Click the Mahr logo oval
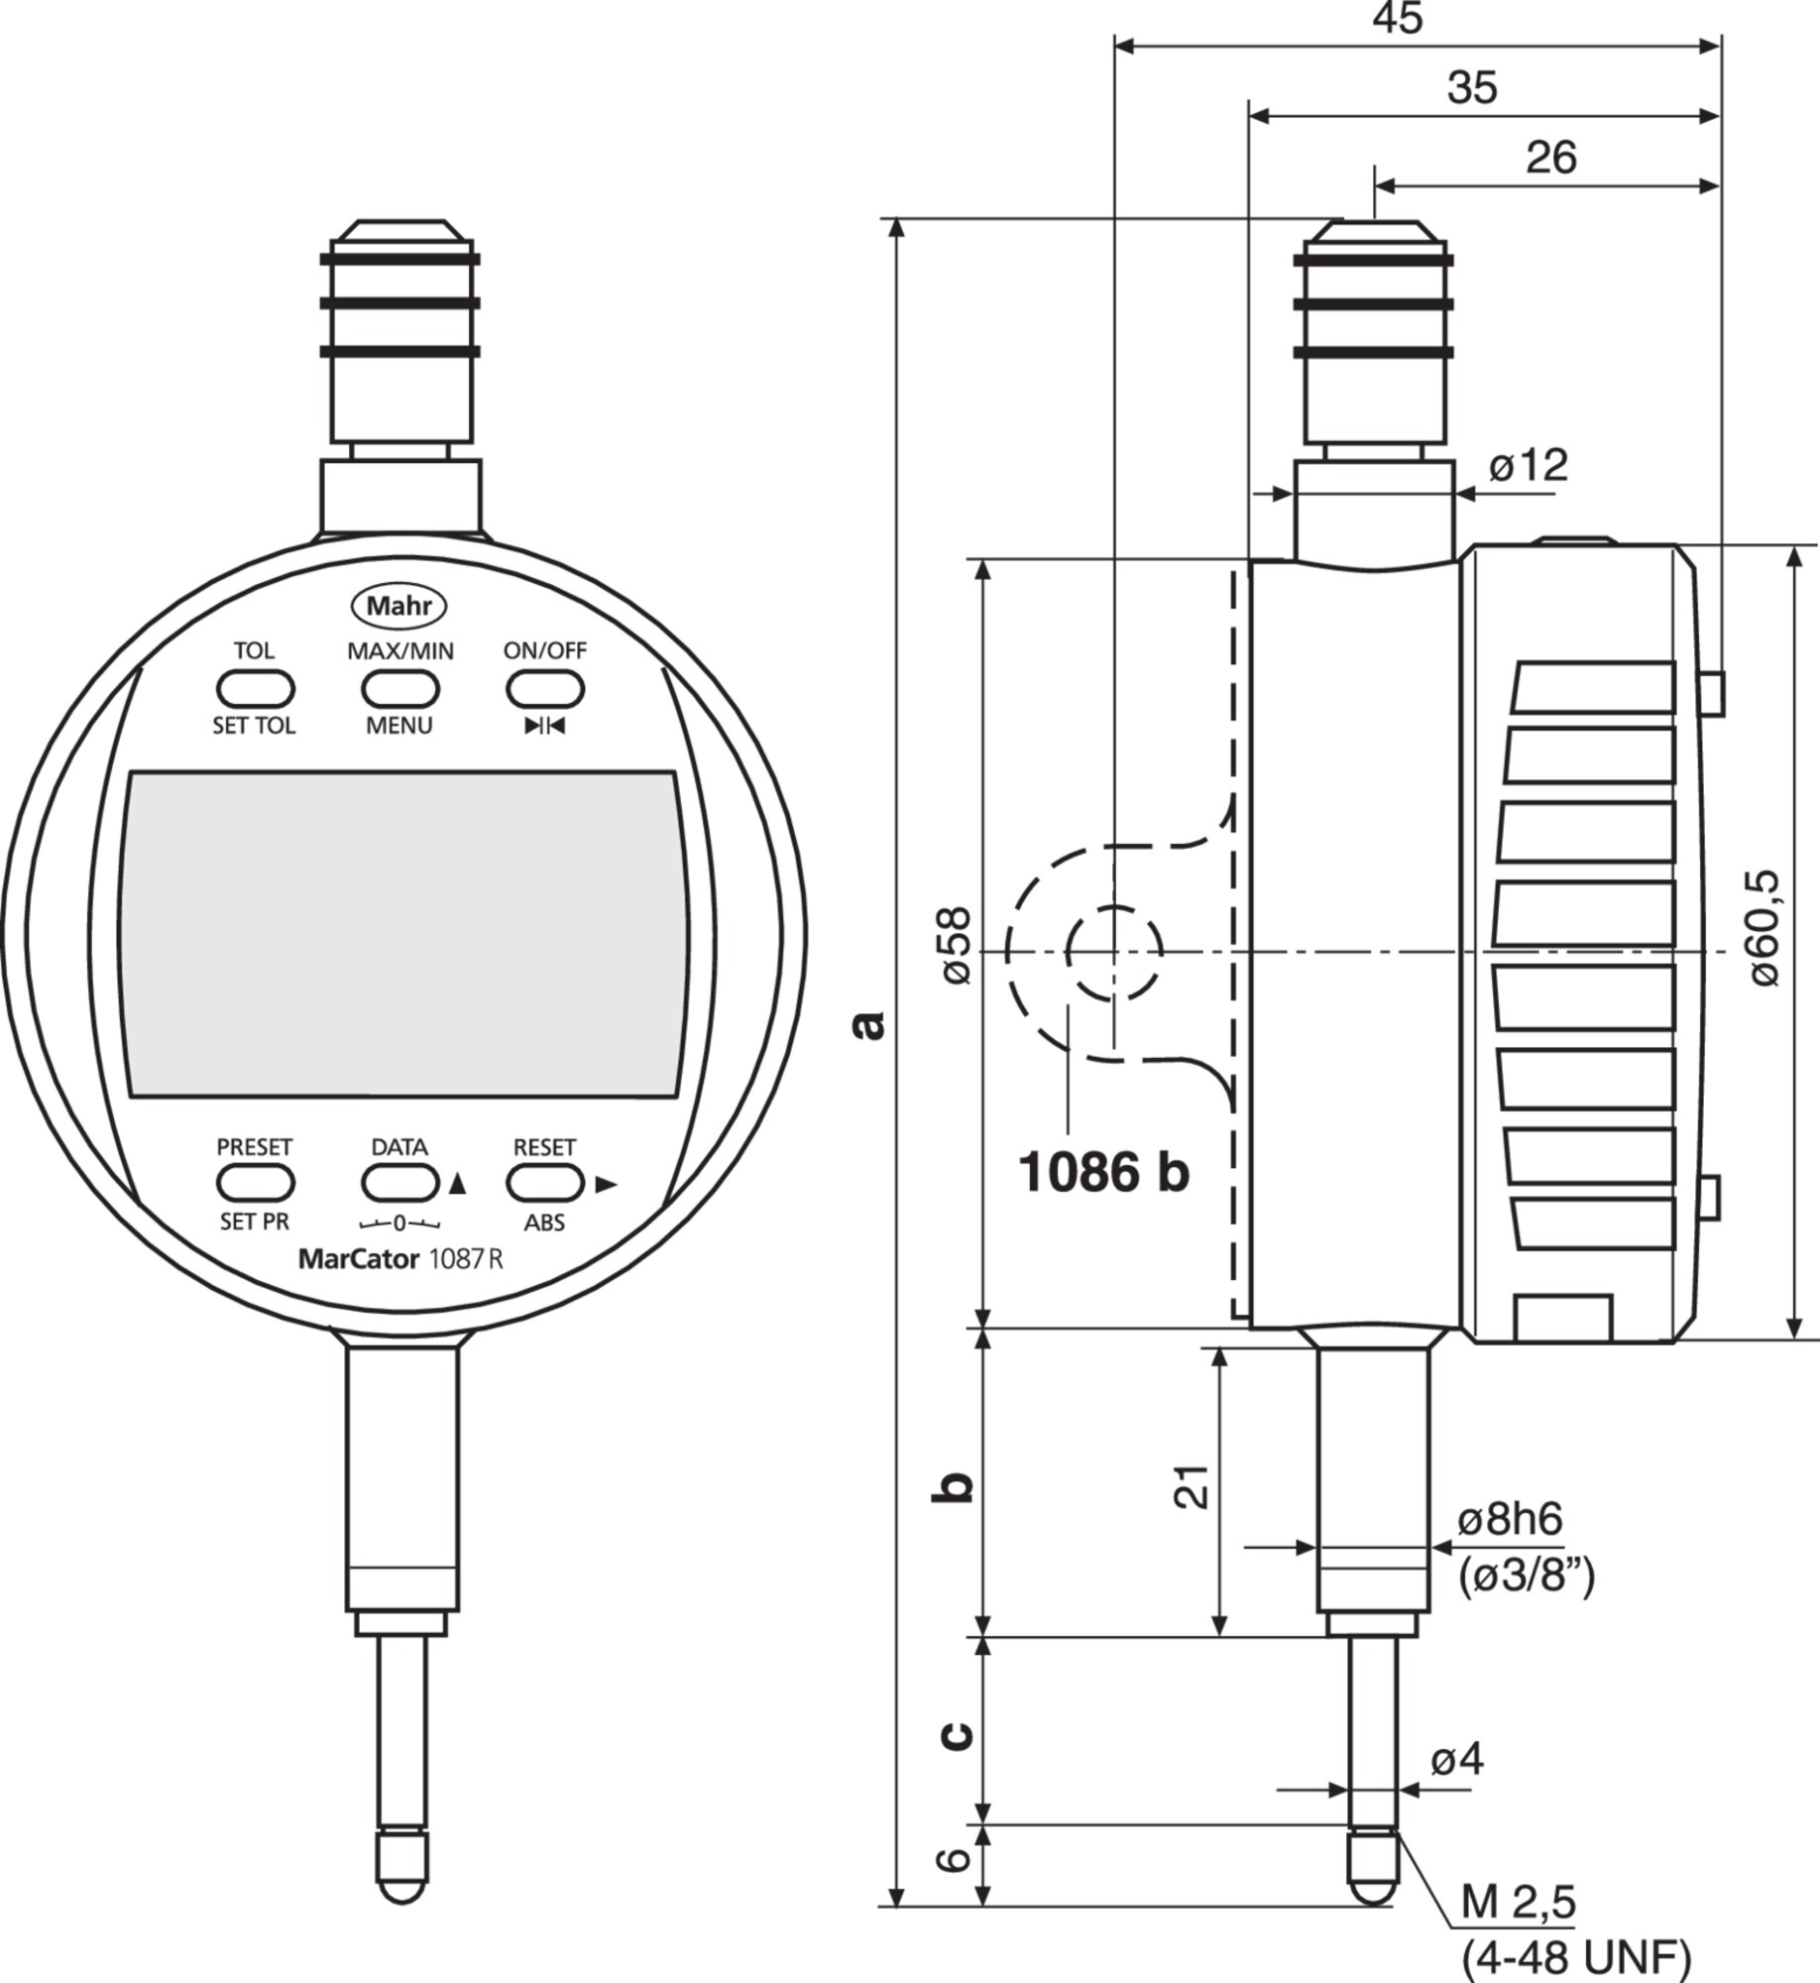399,606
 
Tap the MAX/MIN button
399,688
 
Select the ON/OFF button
544,688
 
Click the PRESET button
255,1183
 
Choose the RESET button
544,1183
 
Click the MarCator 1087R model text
400,1259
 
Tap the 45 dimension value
1398,18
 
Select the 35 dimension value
1472,88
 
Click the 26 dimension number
1551,158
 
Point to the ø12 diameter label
1529,464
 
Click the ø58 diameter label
957,945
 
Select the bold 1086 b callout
1103,1173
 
